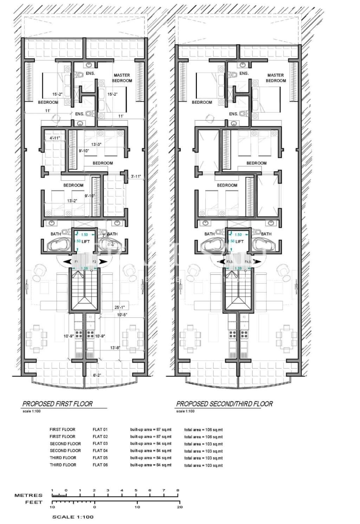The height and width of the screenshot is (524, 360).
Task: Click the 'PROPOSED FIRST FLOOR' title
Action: [x=57, y=404]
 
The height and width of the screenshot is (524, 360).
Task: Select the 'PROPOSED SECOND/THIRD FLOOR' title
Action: [x=224, y=404]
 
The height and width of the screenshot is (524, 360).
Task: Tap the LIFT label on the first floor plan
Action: [x=86, y=241]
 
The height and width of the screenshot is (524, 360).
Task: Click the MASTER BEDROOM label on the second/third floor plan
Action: [x=276, y=78]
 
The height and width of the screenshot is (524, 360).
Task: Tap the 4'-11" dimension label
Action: [x=55, y=138]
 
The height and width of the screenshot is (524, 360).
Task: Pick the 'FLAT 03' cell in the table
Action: [x=100, y=444]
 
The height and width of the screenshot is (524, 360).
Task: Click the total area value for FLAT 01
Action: [x=203, y=429]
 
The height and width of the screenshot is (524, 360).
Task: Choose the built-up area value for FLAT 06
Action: [x=151, y=465]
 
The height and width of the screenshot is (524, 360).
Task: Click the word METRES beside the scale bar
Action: [x=28, y=495]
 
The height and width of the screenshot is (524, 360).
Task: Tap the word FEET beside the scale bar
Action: [x=34, y=502]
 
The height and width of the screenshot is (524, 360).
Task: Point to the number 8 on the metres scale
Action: [x=178, y=490]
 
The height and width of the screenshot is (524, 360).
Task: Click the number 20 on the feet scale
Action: [x=180, y=507]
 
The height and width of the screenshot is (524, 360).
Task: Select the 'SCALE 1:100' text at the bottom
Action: [x=73, y=517]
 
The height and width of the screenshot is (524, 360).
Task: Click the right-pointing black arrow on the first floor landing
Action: [x=103, y=261]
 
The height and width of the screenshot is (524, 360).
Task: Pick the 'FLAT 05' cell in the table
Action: [x=100, y=458]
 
